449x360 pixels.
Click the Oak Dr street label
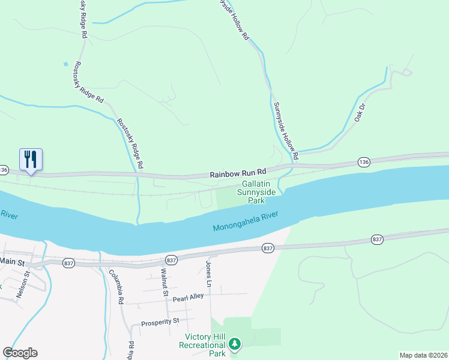[x=360, y=112]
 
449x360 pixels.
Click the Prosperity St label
[x=160, y=323]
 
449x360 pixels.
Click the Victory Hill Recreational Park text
[x=205, y=344]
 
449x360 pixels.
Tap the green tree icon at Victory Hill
[x=235, y=344]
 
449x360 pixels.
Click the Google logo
[x=20, y=353]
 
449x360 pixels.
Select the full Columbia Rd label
[x=115, y=287]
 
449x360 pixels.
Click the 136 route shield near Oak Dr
[x=363, y=162]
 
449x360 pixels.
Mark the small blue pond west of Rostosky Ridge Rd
[x=65, y=64]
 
